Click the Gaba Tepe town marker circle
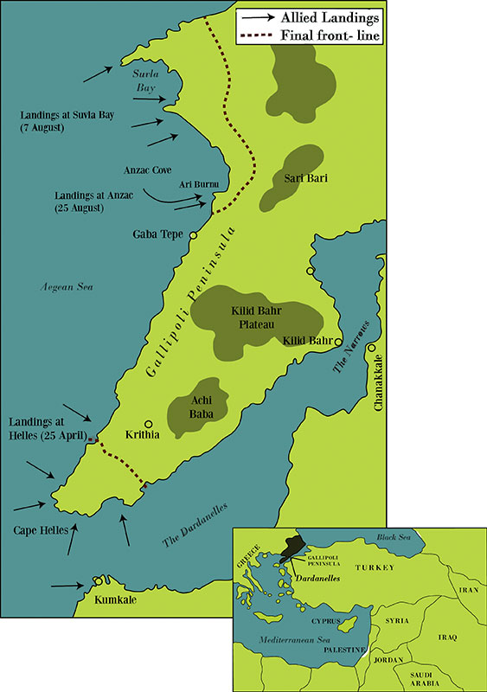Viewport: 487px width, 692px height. (193, 234)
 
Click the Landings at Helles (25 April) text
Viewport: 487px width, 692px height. (44, 427)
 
